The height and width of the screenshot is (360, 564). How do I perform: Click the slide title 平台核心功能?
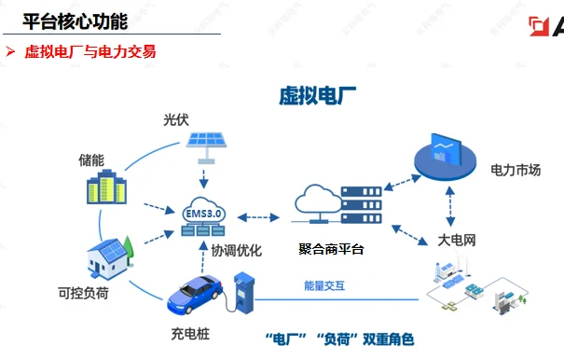[x=75, y=20]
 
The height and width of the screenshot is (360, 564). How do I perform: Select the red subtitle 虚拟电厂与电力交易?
[x=89, y=52]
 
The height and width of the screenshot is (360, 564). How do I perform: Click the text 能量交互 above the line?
[x=324, y=285]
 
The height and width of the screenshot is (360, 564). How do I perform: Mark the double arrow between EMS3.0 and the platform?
[x=258, y=217]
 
